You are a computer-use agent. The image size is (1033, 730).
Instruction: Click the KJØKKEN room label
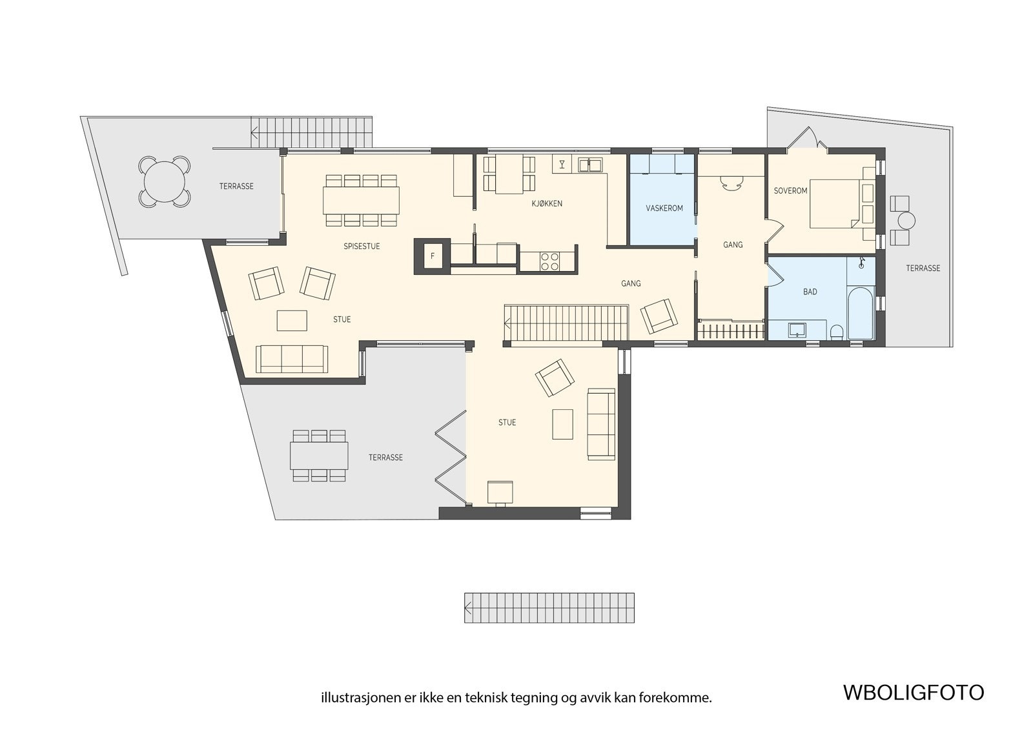pyautogui.click(x=546, y=203)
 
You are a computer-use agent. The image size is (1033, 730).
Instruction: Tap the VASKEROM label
pyautogui.click(x=664, y=208)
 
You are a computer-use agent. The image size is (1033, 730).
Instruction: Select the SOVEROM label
pyautogui.click(x=790, y=190)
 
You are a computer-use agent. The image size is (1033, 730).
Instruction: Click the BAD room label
pyautogui.click(x=810, y=292)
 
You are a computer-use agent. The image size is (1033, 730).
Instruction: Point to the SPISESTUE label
pyautogui.click(x=362, y=246)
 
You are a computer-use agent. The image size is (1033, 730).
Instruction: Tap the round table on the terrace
pyautogui.click(x=165, y=181)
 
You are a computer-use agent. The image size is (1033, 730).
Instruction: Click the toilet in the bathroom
pyautogui.click(x=837, y=332)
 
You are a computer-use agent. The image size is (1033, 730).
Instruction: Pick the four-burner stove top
pyautogui.click(x=550, y=261)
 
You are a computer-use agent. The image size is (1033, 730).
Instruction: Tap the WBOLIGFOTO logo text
pyautogui.click(x=913, y=692)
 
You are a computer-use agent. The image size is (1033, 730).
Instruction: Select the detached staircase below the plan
pyautogui.click(x=549, y=607)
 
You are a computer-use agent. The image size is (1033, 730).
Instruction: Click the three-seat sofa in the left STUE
pyautogui.click(x=291, y=359)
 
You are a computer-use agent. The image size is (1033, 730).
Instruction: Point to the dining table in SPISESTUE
pyautogui.click(x=361, y=199)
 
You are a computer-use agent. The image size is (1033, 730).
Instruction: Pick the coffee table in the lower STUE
pyautogui.click(x=563, y=424)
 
